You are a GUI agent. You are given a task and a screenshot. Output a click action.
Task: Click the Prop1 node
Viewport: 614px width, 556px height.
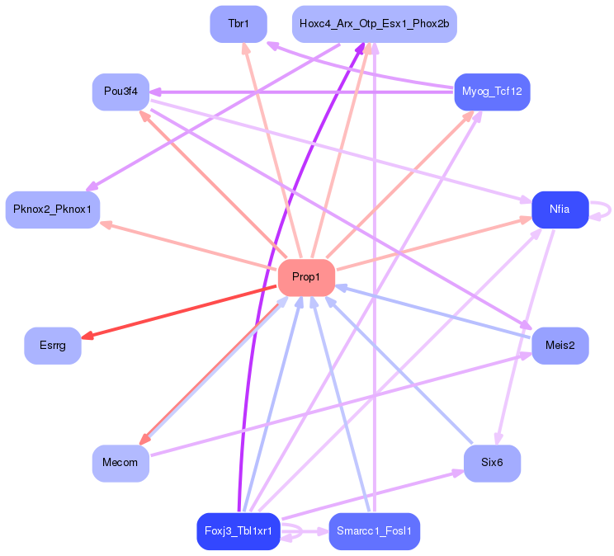click(x=306, y=277)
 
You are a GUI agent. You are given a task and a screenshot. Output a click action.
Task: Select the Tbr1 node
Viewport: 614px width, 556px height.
click(x=239, y=24)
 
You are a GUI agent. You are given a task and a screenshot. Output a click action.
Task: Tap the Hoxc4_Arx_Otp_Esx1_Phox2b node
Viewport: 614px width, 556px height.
click(x=375, y=24)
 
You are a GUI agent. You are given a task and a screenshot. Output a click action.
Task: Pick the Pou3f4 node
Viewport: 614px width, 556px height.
click(x=120, y=92)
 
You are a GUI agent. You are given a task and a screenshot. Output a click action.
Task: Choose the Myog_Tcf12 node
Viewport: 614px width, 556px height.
click(x=492, y=92)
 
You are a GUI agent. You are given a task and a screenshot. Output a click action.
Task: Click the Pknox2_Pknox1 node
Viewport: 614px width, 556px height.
click(x=53, y=210)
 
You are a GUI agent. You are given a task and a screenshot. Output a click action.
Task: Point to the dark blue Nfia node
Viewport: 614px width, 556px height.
click(x=560, y=210)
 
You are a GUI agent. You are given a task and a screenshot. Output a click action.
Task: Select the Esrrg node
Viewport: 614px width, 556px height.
click(x=53, y=346)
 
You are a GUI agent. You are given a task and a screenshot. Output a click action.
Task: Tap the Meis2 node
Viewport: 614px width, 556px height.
click(x=560, y=346)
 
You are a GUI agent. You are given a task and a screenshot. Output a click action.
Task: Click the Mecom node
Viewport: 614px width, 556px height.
click(x=120, y=463)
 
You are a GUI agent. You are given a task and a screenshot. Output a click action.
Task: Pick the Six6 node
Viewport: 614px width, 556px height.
click(x=492, y=463)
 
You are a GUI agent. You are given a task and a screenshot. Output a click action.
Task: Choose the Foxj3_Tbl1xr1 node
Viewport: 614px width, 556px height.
click(x=239, y=531)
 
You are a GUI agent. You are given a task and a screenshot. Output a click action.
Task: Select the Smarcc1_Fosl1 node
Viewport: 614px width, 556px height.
click(x=375, y=531)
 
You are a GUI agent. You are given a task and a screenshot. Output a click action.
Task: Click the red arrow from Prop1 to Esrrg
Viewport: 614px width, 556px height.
click(x=179, y=312)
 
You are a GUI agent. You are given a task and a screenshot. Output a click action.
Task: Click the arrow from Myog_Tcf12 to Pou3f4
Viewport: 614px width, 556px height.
click(x=302, y=92)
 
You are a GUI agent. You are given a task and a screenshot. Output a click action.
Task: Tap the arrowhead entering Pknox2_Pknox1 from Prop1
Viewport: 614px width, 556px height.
click(x=106, y=224)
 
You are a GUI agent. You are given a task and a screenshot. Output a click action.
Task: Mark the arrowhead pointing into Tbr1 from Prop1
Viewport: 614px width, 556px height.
click(x=246, y=49)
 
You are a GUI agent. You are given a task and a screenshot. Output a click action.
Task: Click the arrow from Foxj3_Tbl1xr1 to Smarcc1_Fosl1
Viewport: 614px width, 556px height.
click(x=305, y=531)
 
